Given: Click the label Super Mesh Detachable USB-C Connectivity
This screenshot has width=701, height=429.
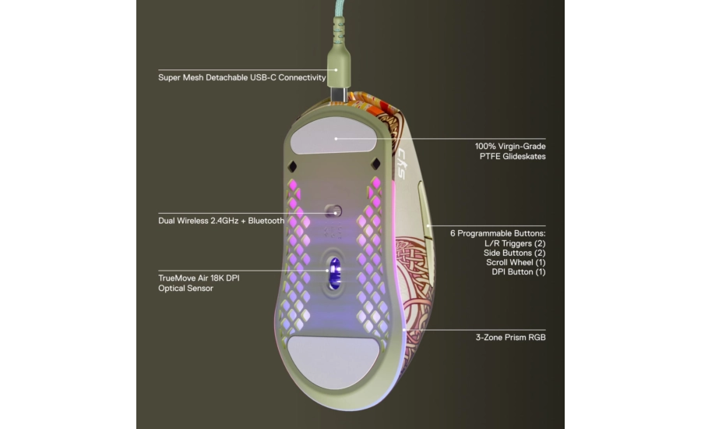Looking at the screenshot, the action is [x=242, y=77].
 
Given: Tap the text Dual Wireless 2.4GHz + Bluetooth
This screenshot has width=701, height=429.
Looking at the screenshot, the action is [x=221, y=221].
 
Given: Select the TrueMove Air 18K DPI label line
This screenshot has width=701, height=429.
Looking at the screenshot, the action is [x=199, y=278].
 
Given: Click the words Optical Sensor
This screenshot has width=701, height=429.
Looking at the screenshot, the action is [x=185, y=289].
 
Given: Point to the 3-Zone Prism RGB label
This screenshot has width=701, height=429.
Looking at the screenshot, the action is [x=510, y=338].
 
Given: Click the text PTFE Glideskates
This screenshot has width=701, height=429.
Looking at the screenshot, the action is [x=513, y=156].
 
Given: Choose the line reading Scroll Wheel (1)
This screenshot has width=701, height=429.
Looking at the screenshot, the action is [x=516, y=262].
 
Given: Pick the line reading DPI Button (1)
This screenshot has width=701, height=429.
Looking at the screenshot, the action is [x=519, y=271].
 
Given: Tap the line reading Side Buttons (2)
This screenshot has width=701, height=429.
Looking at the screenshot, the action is [x=514, y=253].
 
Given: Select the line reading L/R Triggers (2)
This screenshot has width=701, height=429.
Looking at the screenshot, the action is [x=515, y=243].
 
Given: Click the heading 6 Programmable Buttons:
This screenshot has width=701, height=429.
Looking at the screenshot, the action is [x=498, y=233].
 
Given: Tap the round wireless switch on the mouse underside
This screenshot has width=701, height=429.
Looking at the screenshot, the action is [x=333, y=211].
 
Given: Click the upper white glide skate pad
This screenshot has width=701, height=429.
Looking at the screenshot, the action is [x=334, y=136].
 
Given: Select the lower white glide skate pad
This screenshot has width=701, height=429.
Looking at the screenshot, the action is [x=333, y=362].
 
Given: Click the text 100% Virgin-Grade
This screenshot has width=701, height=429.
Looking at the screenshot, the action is [x=510, y=147].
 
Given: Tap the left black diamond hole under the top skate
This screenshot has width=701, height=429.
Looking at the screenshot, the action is [x=292, y=167].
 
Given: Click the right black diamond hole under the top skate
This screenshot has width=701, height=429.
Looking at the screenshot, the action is [x=375, y=165].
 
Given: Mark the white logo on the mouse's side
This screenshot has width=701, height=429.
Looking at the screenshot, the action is [x=401, y=164].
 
